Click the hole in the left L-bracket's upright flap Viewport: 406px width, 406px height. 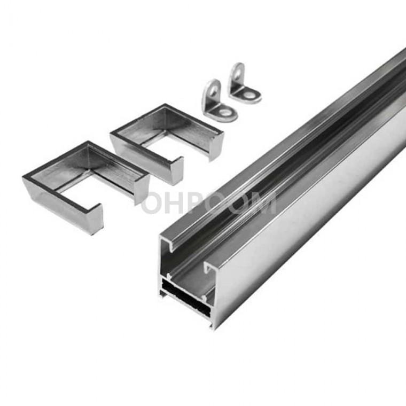(214, 91)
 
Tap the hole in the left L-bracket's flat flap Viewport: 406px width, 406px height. (225, 113)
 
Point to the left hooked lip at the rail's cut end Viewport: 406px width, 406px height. (168, 245)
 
